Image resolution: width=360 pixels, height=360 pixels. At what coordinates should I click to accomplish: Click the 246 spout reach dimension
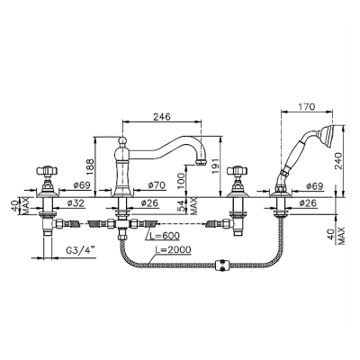(162, 116)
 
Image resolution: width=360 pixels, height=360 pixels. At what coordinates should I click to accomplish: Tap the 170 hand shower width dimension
(307, 107)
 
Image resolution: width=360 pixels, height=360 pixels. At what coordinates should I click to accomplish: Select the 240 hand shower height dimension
(338, 162)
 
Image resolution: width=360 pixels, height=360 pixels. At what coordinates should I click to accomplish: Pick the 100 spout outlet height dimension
(181, 180)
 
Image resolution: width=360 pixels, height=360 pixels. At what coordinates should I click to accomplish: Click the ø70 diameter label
(157, 185)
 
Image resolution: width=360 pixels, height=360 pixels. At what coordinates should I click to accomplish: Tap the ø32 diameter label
(76, 203)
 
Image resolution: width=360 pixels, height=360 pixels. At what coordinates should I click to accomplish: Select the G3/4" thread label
(80, 251)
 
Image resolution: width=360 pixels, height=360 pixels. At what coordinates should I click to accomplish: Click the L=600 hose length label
(165, 236)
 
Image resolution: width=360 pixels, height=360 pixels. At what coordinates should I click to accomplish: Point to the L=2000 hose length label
(173, 249)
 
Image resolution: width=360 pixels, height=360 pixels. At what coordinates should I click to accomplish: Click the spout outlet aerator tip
(201, 163)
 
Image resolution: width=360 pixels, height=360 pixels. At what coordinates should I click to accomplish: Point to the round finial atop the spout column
(121, 140)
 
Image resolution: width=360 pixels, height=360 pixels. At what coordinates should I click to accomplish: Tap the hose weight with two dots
(222, 265)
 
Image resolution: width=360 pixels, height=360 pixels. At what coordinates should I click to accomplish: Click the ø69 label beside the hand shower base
(315, 186)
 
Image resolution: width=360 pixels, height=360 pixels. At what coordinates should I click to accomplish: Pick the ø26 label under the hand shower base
(308, 203)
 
